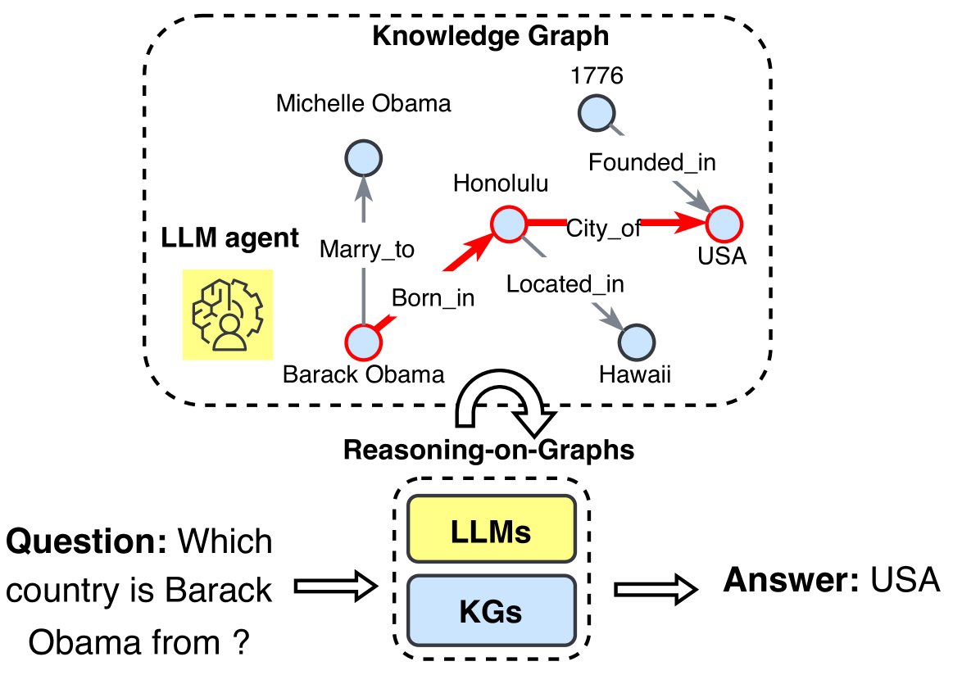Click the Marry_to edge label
[x=366, y=249]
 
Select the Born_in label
[x=433, y=298]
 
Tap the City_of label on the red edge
[x=603, y=229]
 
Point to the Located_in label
[x=565, y=284]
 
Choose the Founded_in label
[x=651, y=162]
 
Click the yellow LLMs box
[x=492, y=529]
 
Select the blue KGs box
[x=492, y=610]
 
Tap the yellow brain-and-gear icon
[x=228, y=315]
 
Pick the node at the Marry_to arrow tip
[x=363, y=158]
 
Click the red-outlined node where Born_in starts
[x=363, y=342]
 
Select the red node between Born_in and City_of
[x=508, y=224]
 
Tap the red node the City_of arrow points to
[x=724, y=224]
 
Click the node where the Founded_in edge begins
[x=597, y=112]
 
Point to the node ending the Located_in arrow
[x=637, y=342]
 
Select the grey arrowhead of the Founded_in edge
[x=699, y=202]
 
